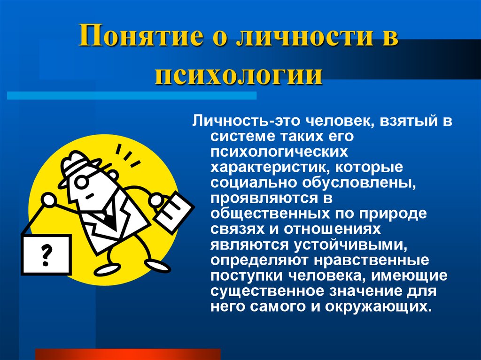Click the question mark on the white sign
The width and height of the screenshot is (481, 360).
pyautogui.click(x=47, y=255)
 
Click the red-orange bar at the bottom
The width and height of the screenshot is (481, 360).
pyautogui.click(x=128, y=354)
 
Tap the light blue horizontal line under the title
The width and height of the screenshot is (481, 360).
pyautogui.click(x=132, y=96)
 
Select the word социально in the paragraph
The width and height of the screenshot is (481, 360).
pyautogui.click(x=254, y=183)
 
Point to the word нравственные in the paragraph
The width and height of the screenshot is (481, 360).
pyautogui.click(x=372, y=260)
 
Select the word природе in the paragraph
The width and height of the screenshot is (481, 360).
pyautogui.click(x=393, y=214)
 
